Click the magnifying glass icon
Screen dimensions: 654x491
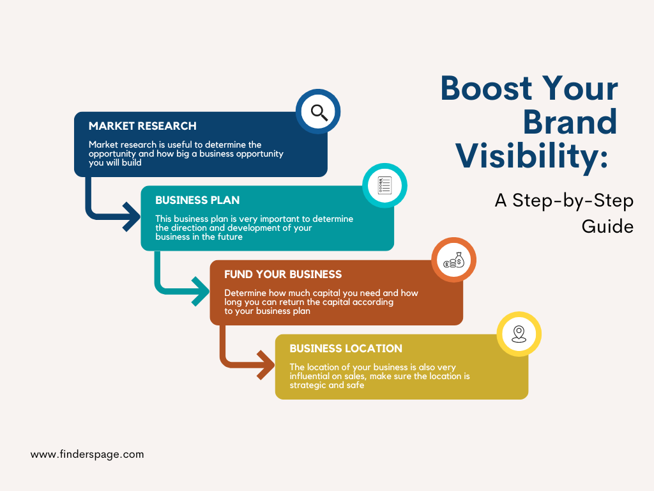319,113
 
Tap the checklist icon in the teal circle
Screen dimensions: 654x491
384,185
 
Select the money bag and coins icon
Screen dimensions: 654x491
454,260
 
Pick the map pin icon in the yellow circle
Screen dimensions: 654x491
519,334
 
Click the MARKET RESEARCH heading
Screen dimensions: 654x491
142,126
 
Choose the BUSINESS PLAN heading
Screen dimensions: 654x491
198,200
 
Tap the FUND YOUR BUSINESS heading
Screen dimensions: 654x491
283,274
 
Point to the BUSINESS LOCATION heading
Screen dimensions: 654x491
346,348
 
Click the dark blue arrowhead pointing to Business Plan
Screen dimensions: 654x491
132,216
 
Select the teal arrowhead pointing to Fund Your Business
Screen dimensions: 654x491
201,291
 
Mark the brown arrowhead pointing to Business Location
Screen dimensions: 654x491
266,365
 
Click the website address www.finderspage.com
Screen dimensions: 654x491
87,455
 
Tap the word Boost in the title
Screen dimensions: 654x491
485,88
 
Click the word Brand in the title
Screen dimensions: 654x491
570,122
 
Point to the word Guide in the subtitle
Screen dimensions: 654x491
607,226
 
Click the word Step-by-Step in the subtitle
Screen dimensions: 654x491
573,201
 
